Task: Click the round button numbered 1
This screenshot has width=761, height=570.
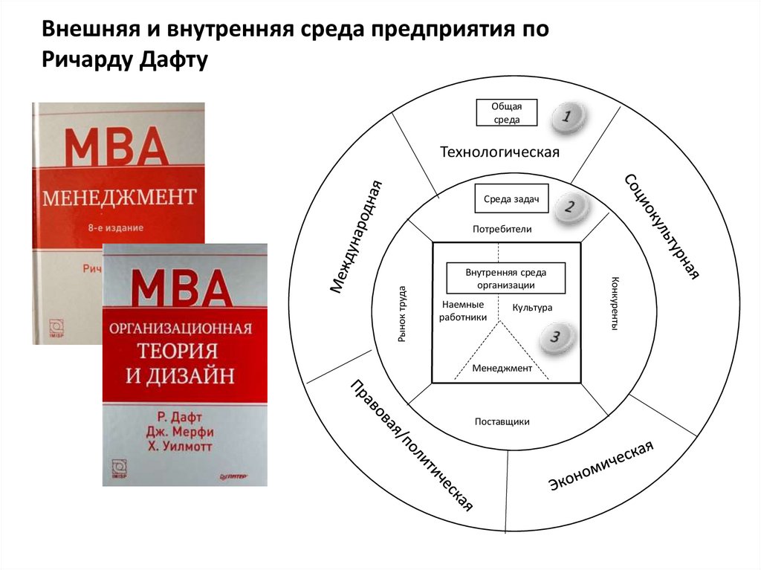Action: (x=568, y=117)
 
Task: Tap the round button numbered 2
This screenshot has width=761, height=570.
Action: (x=569, y=207)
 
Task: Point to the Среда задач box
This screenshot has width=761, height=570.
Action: (x=506, y=199)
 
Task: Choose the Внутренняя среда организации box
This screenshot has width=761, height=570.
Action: (x=505, y=278)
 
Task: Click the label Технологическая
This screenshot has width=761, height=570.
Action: (x=499, y=152)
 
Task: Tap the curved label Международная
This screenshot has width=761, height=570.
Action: (x=356, y=236)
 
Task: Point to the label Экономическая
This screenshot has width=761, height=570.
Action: (x=601, y=465)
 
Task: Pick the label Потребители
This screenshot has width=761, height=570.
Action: (x=502, y=229)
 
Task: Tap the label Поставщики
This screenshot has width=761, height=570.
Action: (x=502, y=421)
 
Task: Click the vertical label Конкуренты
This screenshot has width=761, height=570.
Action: (x=614, y=304)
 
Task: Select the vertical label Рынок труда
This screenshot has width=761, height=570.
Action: (x=401, y=313)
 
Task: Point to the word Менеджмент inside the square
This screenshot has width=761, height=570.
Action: (x=502, y=368)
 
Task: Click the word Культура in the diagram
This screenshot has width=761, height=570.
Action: (x=533, y=307)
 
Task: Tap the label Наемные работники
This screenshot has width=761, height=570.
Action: (x=463, y=311)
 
